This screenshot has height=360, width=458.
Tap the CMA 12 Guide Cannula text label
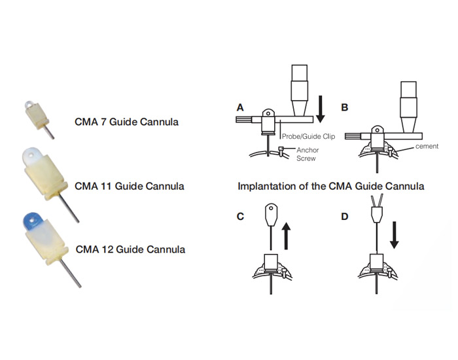[x=130, y=249]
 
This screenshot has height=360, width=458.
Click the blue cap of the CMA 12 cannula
[x=31, y=220]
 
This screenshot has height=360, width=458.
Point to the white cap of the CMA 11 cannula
[x=33, y=155]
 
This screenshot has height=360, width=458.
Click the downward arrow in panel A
[x=320, y=107]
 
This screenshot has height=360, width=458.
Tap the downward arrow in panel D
[x=395, y=236]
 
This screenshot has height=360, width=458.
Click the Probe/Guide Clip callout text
[x=306, y=138]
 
